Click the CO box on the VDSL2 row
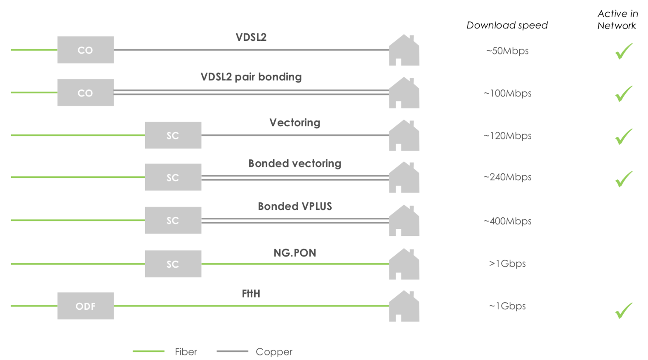click(x=85, y=50)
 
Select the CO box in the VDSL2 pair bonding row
click(x=85, y=93)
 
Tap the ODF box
click(x=85, y=306)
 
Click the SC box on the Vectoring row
click(x=173, y=135)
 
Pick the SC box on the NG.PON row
click(x=173, y=264)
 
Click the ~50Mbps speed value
click(x=507, y=51)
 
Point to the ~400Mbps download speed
click(x=507, y=221)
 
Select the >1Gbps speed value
click(x=507, y=264)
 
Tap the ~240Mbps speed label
click(x=507, y=177)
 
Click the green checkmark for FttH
click(x=624, y=311)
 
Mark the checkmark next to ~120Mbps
click(x=624, y=136)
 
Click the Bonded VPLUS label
click(x=295, y=206)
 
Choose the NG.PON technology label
click(x=295, y=253)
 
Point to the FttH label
click(x=251, y=294)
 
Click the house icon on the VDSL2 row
click(x=404, y=51)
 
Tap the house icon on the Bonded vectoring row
click(x=404, y=178)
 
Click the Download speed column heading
click(x=507, y=26)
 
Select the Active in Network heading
click(x=617, y=20)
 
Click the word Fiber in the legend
click(x=186, y=352)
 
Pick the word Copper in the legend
click(x=274, y=352)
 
